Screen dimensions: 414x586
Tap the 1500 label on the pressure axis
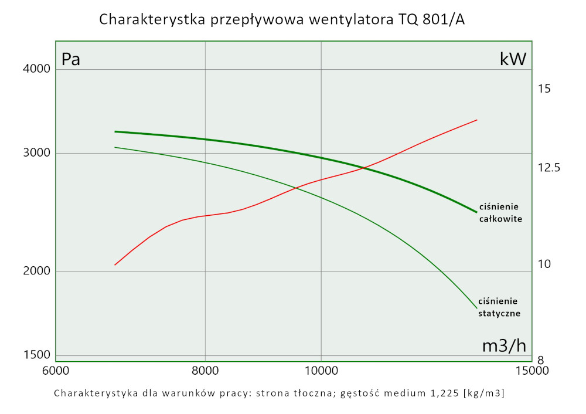click(x=38, y=355)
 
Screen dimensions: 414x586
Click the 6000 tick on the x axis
click(x=55, y=371)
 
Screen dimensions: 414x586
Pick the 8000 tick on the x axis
click(x=205, y=371)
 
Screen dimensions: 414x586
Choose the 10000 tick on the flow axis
click(x=321, y=371)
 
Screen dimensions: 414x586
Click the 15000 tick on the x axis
click(x=532, y=371)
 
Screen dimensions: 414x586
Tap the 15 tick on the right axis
click(x=544, y=89)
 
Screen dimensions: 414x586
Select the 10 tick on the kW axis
click(x=544, y=264)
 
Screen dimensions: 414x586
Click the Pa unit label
click(x=71, y=59)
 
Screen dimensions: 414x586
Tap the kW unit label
click(x=513, y=59)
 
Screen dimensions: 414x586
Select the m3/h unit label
click(x=504, y=346)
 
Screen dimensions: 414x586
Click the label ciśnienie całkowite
click(x=500, y=213)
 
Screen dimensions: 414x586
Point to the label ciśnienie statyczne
click(x=499, y=307)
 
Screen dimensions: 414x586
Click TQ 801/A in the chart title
click(x=431, y=19)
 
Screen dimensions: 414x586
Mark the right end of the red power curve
click(x=477, y=120)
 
